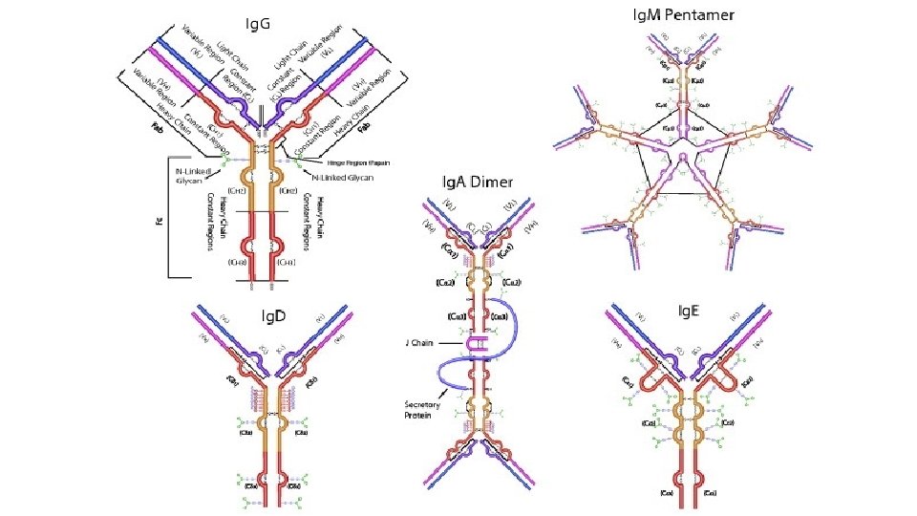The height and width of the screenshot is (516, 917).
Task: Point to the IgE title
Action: pyautogui.click(x=689, y=311)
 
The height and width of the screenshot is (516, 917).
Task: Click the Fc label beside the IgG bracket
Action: pyautogui.click(x=157, y=221)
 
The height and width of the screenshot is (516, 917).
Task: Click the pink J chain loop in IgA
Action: pyautogui.click(x=475, y=341)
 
